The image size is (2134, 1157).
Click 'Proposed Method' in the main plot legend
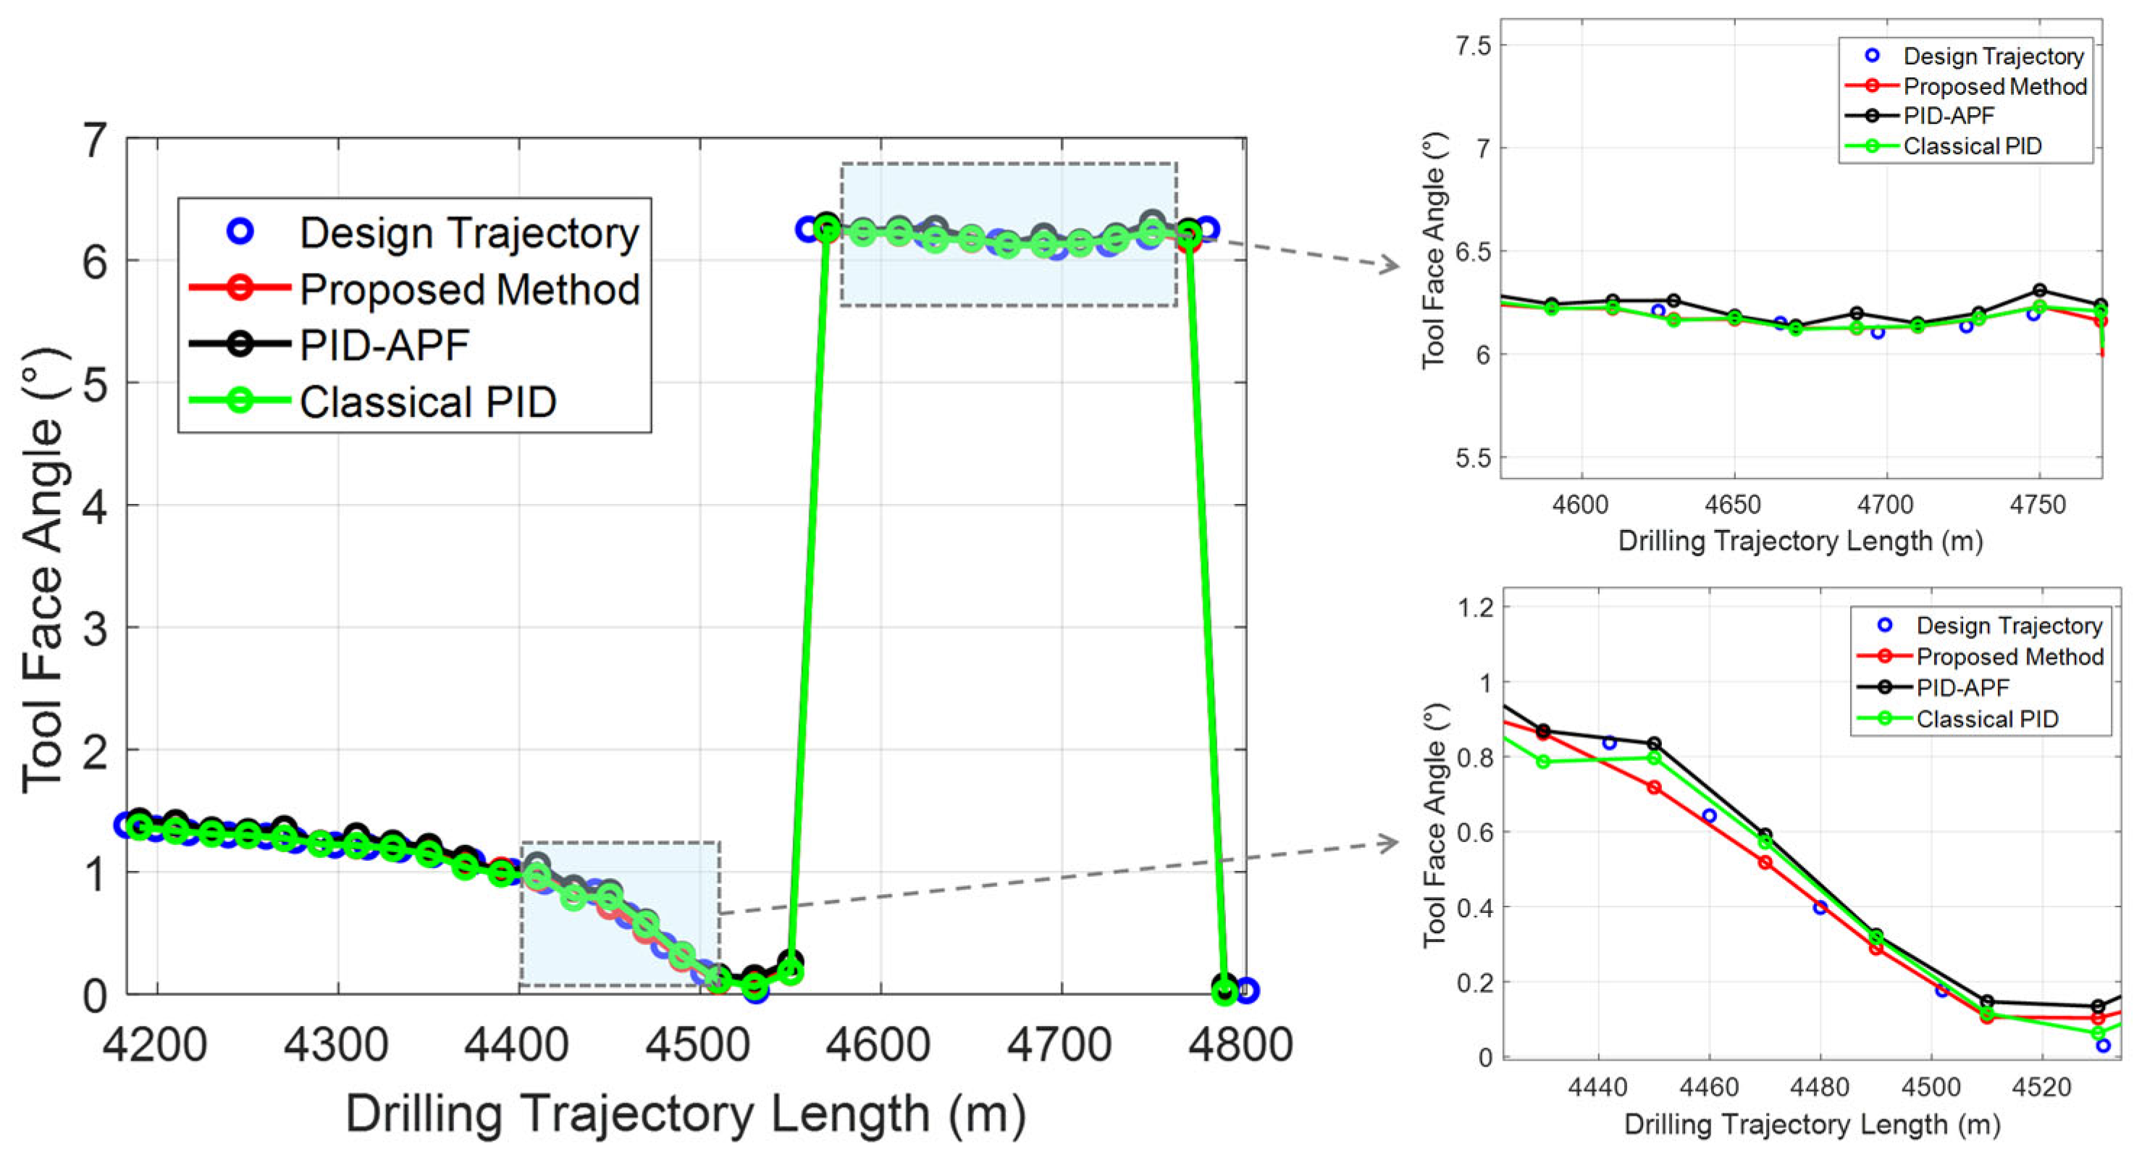[x=469, y=289]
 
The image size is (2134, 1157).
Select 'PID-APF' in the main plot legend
[x=385, y=345]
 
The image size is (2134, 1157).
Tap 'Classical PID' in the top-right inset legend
[x=1972, y=146]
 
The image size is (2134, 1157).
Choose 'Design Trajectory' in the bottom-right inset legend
[x=2009, y=626]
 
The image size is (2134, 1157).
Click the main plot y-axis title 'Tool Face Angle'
[x=43, y=571]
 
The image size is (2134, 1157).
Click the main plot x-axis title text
[x=686, y=1114]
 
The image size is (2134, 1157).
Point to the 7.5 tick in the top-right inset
[x=1473, y=46]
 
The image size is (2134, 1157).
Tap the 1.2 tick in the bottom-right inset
[x=1474, y=608]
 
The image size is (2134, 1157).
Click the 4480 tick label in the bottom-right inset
[x=1819, y=1087]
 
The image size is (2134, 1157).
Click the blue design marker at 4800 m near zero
[x=1247, y=990]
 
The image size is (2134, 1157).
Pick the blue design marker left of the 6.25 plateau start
[x=807, y=230]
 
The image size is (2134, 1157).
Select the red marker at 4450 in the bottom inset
[x=1653, y=788]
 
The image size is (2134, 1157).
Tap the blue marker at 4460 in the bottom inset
[x=1709, y=816]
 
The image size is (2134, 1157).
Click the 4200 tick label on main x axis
[x=155, y=1045]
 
